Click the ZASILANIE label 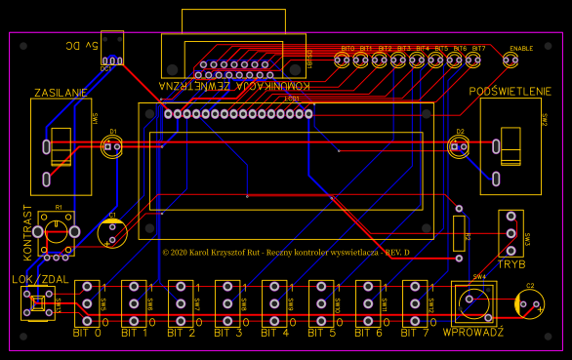pos(61,93)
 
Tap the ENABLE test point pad pos(511,60)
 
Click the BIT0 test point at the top pos(342,60)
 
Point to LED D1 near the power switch pos(112,147)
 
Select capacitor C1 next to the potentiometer pos(113,232)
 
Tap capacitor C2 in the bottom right pos(529,305)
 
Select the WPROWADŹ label pos(473,333)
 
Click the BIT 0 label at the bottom pos(88,333)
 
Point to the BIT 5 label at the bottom pos(322,333)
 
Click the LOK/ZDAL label pos(38,280)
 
